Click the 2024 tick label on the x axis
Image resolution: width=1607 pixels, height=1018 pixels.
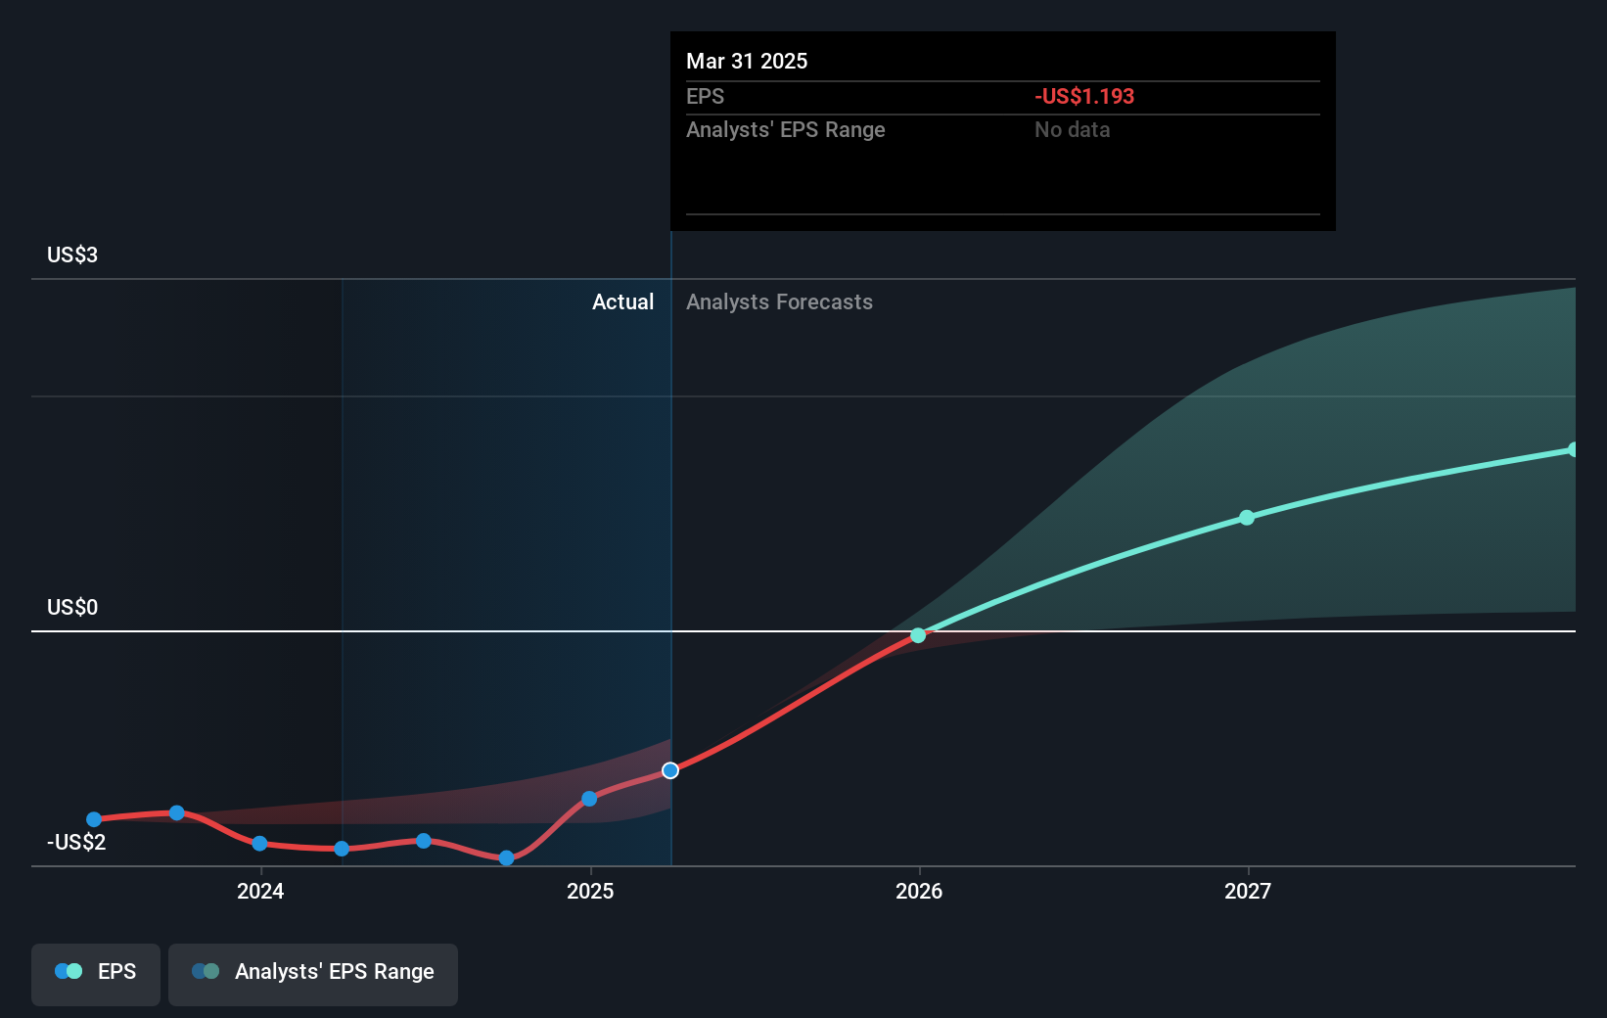(x=260, y=891)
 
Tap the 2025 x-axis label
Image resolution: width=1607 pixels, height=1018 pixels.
(x=590, y=891)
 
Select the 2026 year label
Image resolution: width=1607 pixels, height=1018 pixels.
(x=919, y=891)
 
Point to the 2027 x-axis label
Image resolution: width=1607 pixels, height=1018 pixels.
(x=1248, y=891)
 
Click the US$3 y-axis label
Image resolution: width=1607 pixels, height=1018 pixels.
(x=72, y=255)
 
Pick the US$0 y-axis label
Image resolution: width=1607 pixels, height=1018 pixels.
(x=72, y=608)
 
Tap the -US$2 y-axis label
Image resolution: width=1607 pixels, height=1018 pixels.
(x=76, y=843)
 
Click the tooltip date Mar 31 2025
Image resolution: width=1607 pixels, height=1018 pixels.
(x=747, y=62)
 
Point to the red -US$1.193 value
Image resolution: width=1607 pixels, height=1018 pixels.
(x=1084, y=97)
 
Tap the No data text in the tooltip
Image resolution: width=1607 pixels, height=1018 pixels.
(x=1073, y=130)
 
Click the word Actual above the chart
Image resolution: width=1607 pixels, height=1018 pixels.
(x=622, y=302)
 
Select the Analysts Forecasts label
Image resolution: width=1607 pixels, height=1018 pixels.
(x=779, y=302)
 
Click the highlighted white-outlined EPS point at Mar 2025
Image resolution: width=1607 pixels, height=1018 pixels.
(x=670, y=770)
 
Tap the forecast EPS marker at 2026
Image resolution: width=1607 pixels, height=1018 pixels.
(x=918, y=635)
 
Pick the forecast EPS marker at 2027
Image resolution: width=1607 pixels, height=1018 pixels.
(x=1247, y=518)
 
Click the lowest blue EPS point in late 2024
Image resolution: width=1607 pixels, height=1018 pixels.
(x=506, y=858)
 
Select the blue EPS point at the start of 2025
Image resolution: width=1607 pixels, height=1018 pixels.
(x=589, y=799)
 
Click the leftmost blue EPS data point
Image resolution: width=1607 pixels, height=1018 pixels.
(x=94, y=819)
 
